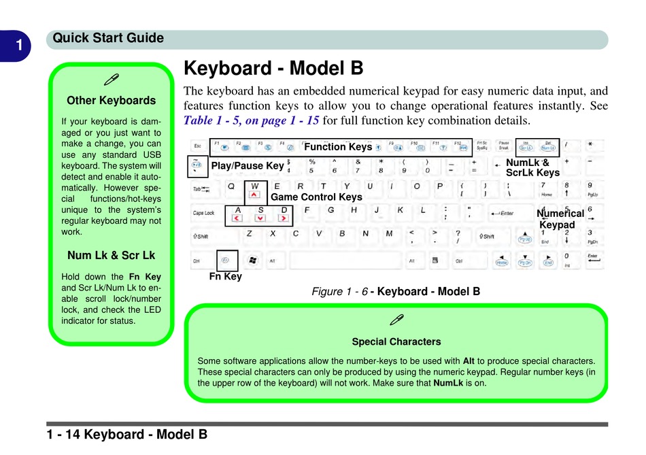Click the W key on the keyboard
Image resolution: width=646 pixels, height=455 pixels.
pyautogui.click(x=255, y=190)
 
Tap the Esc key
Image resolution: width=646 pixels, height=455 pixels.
pyautogui.click(x=197, y=146)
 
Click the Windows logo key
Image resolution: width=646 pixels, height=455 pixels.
pyautogui.click(x=252, y=260)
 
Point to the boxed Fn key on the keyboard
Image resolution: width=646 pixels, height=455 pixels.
pyautogui.click(x=226, y=260)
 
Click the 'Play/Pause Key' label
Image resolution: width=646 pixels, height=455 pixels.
pyautogui.click(x=248, y=165)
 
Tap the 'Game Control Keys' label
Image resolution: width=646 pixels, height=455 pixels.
pyautogui.click(x=316, y=197)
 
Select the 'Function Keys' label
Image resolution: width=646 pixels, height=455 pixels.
pyautogui.click(x=338, y=147)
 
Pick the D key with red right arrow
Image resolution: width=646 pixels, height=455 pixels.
pyautogui.click(x=284, y=214)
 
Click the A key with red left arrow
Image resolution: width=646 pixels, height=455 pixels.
pyautogui.click(x=237, y=214)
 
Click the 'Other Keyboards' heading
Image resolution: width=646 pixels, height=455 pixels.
pyautogui.click(x=111, y=101)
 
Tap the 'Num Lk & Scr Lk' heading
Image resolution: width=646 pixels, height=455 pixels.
pyautogui.click(x=111, y=256)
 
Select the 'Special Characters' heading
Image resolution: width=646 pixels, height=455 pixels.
pyautogui.click(x=396, y=341)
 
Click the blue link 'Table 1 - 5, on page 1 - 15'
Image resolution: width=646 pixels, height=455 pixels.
pyautogui.click(x=252, y=122)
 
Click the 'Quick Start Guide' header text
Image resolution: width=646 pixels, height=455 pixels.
pyautogui.click(x=108, y=38)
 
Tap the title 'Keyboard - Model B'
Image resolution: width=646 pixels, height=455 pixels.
pyautogui.click(x=273, y=69)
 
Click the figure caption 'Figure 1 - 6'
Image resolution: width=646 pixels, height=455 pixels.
pyautogui.click(x=339, y=291)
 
